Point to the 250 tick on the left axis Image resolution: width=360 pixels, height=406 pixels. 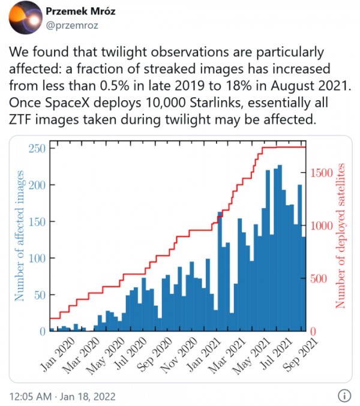point(37,148)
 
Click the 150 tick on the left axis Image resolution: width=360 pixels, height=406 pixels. point(37,221)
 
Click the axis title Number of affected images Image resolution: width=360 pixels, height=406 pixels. point(19,236)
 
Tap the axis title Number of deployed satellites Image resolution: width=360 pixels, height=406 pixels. point(341,235)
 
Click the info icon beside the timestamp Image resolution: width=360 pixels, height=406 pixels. point(344,396)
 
